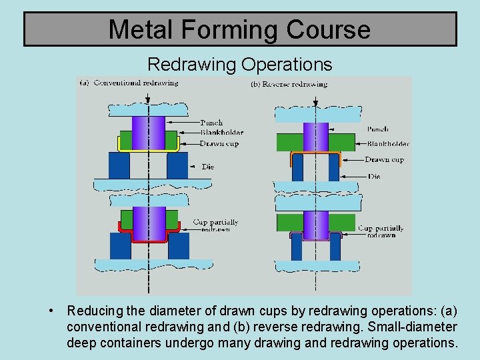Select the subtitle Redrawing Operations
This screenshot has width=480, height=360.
[239, 64]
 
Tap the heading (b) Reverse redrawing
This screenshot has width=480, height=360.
[289, 84]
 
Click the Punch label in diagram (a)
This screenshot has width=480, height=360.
[212, 123]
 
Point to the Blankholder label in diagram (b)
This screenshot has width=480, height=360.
[388, 143]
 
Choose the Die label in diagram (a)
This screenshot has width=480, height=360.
[208, 167]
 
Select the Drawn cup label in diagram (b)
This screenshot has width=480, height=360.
[385, 160]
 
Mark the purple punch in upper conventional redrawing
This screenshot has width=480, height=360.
[149, 133]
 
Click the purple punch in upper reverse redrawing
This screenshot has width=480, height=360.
[315, 137]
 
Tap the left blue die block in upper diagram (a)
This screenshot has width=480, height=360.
[119, 165]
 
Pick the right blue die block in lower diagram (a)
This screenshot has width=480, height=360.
[178, 245]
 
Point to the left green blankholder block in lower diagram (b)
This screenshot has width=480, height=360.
[289, 222]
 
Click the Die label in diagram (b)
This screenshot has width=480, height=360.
[374, 177]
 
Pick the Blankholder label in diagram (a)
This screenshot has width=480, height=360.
[222, 133]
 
